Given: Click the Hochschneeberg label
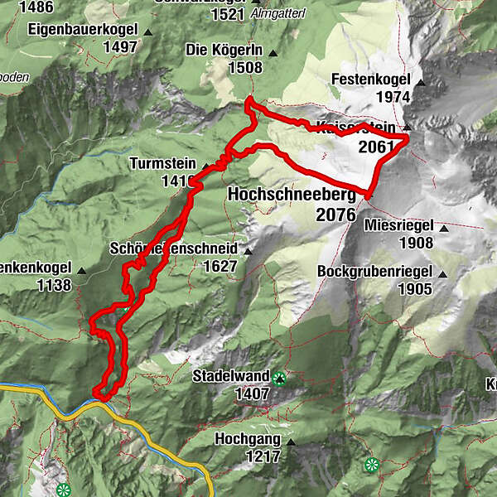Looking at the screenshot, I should coord(291,195).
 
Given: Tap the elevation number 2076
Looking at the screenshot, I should coord(335,215).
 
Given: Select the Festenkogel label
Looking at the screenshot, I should coord(370,80).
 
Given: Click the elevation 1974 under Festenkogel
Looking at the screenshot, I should coord(392,97).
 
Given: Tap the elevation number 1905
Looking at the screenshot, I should coord(414,289).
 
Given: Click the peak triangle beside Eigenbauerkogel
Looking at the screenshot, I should coord(148,32).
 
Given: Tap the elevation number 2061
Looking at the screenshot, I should coord(377,147).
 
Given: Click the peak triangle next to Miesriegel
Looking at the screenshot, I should coord(445,229).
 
